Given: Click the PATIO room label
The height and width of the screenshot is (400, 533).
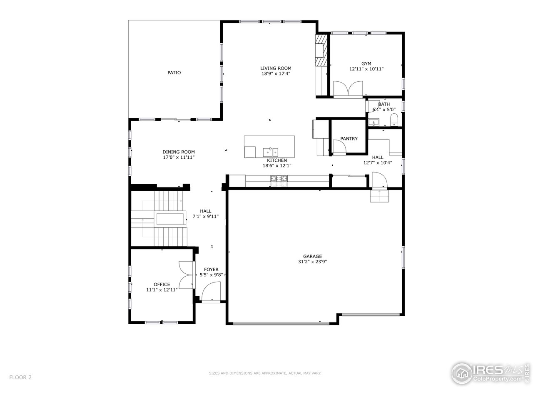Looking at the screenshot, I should (174, 72).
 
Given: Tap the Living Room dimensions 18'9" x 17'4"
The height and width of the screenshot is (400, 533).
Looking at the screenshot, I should (275, 74).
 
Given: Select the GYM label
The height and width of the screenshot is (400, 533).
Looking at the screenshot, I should (366, 64).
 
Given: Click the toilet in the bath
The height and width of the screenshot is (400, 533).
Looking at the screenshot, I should (394, 120).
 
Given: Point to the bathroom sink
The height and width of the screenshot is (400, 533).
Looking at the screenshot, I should (374, 122).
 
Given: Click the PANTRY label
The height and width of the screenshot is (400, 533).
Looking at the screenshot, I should (349, 139).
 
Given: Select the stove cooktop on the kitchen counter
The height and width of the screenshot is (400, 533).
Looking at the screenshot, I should (279, 179).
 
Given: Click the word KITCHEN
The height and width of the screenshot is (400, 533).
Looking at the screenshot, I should (276, 160).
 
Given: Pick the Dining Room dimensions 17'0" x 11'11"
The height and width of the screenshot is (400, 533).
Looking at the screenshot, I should (178, 157).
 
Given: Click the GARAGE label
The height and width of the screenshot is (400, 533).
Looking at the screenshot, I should (312, 257).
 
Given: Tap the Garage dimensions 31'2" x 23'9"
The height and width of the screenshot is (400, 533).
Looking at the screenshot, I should (312, 262).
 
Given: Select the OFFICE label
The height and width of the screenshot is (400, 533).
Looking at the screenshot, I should (162, 285).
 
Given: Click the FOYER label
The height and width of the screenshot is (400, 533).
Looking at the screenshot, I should (211, 270).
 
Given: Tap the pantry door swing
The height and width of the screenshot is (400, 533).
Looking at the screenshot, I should (339, 147).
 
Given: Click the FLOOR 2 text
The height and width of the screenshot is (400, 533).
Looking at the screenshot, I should (21, 377).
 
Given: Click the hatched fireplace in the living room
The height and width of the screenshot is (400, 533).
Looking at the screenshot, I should (321, 50).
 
